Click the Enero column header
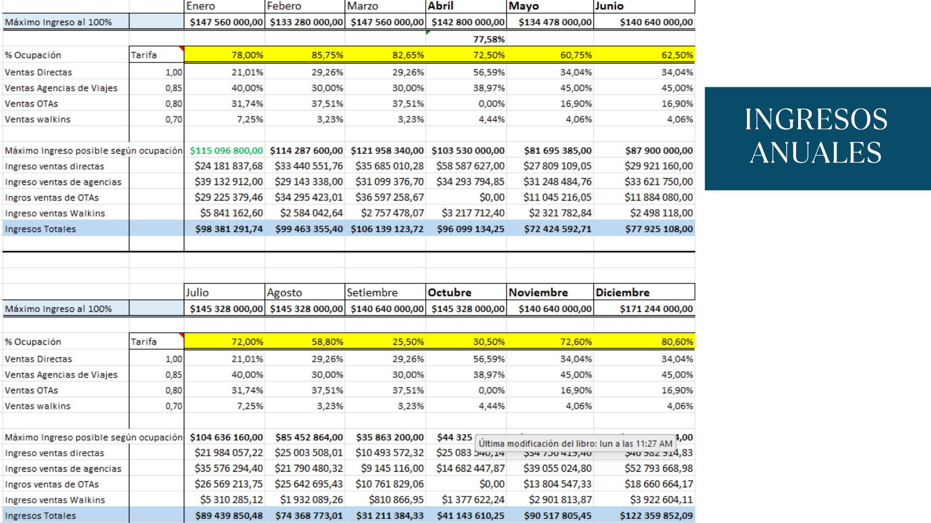point(201,6)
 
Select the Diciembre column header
point(623,292)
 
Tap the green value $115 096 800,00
point(226,151)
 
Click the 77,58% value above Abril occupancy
point(489,39)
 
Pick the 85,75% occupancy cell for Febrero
point(327,55)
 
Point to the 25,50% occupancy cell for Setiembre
point(408,342)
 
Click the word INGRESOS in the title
point(816,120)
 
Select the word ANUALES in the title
point(816,153)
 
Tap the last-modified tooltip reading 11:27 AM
point(576,444)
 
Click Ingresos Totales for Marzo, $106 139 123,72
point(387,229)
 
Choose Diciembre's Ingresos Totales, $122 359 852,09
point(656,516)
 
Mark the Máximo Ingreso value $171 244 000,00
point(656,309)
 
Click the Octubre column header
point(449,292)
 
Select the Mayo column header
point(524,6)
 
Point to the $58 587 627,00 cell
point(470,166)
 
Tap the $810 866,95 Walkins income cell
point(396,500)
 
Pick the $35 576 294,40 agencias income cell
point(229,469)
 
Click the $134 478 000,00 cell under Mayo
point(555,22)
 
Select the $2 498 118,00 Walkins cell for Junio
point(661,213)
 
